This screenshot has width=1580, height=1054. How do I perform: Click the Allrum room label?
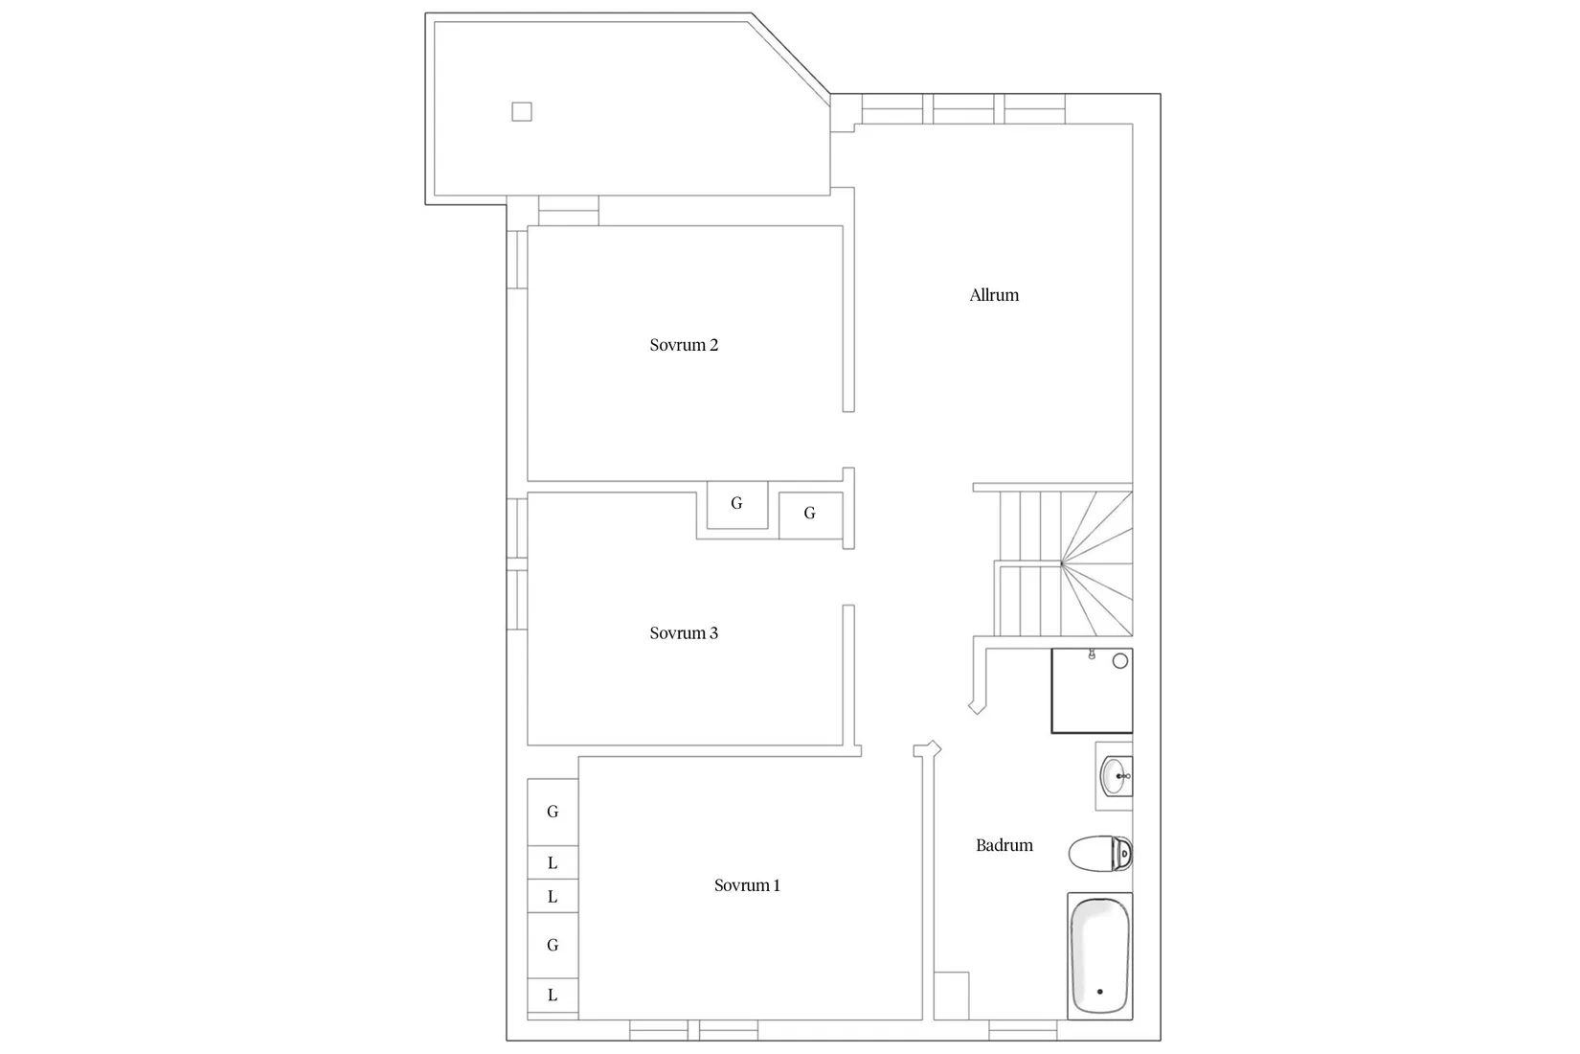(x=994, y=295)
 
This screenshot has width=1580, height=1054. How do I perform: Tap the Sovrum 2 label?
(x=684, y=345)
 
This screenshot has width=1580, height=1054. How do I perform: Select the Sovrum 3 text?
(x=684, y=633)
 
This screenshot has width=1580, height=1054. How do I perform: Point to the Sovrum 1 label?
(x=747, y=885)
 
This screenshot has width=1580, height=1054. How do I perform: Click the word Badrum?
(x=1004, y=845)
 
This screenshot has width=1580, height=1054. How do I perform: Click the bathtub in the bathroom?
(x=1099, y=955)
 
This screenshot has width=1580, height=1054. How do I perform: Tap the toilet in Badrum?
(x=1100, y=853)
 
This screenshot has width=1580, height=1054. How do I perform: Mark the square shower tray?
(x=1092, y=691)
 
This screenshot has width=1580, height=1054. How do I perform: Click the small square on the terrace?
(x=522, y=112)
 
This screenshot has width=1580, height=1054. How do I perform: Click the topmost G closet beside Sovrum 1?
(x=553, y=812)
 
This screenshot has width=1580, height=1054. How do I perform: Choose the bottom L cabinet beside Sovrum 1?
(x=553, y=996)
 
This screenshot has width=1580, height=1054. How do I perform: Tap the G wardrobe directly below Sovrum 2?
(x=736, y=504)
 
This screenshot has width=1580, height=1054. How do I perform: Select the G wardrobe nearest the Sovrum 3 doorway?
(x=810, y=515)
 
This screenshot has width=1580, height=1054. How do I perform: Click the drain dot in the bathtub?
(x=1099, y=992)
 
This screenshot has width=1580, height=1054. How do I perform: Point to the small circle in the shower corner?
(x=1120, y=661)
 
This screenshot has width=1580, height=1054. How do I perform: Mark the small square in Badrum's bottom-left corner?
(x=951, y=996)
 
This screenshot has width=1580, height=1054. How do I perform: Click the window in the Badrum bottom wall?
(x=1023, y=1031)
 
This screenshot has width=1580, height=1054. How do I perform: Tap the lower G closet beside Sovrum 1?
(x=553, y=945)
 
